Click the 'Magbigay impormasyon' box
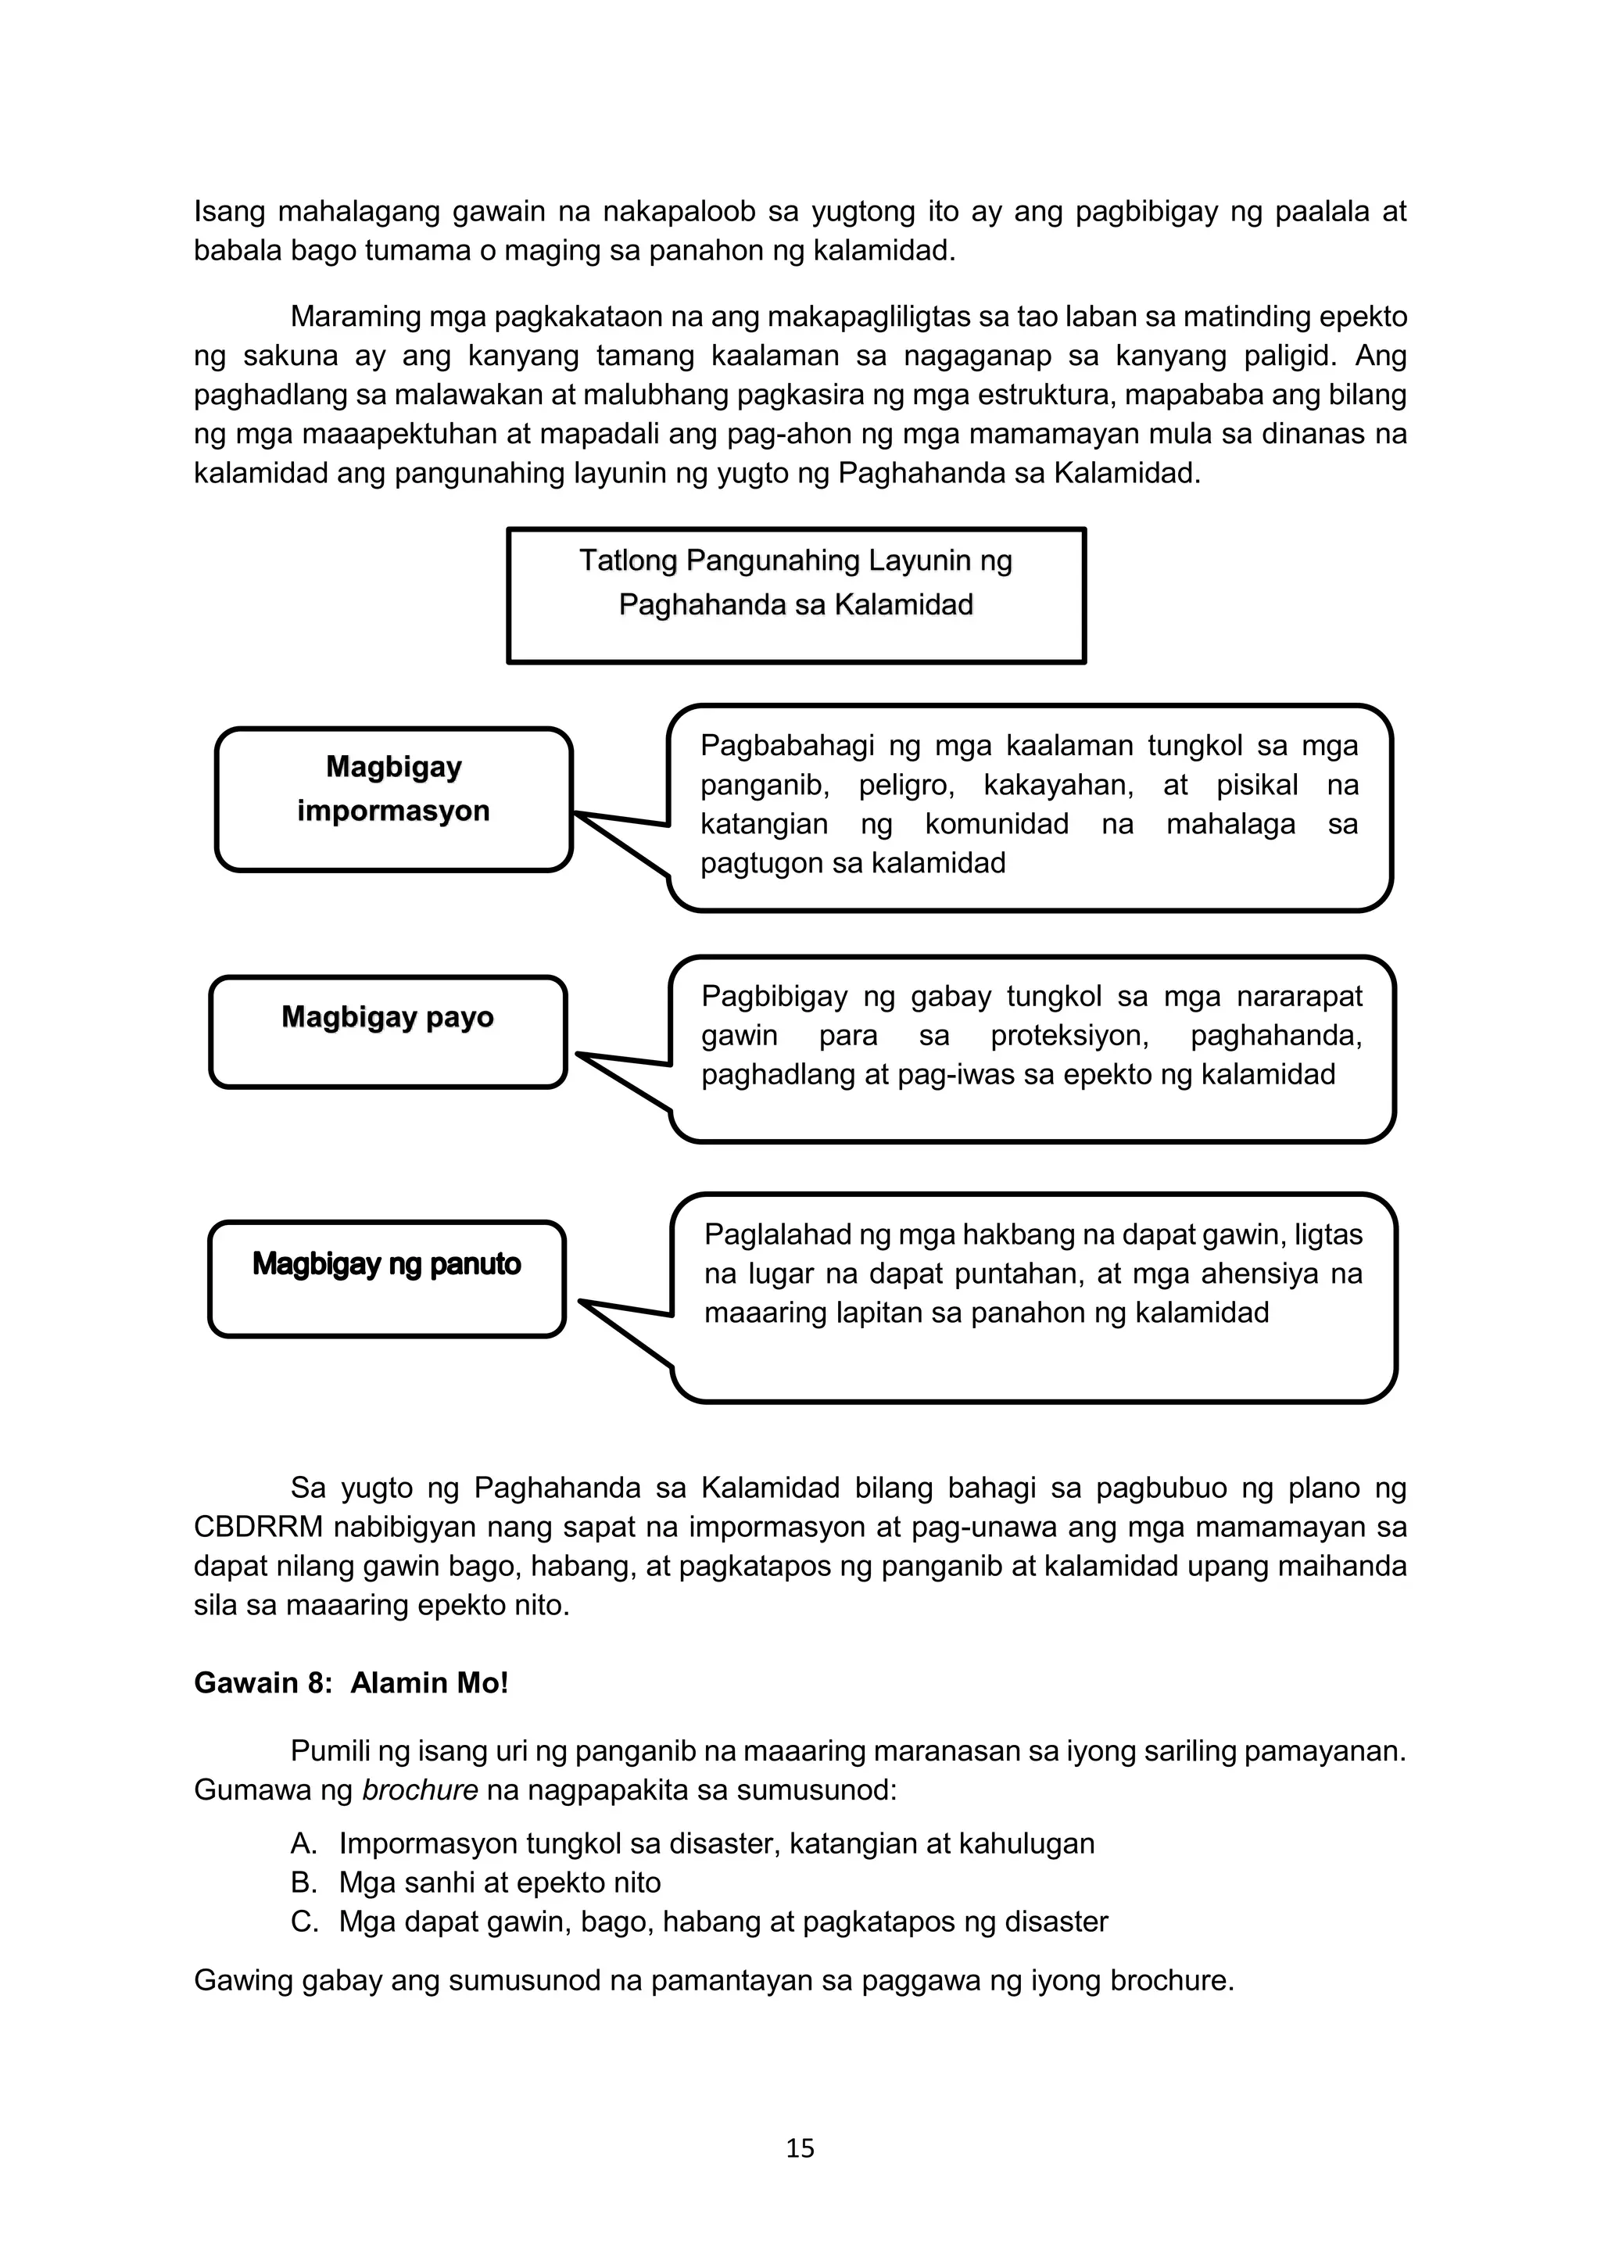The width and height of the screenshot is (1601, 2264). point(393,799)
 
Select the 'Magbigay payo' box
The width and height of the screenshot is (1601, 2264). point(388,1031)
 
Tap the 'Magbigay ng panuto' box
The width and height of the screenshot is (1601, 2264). point(386,1279)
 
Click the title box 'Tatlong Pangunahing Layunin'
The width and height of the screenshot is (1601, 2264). point(796,595)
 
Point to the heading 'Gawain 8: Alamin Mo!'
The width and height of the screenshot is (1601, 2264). point(351,1682)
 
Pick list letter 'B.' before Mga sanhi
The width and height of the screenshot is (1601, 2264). point(303,1882)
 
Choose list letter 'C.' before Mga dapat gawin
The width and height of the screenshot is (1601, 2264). point(303,1921)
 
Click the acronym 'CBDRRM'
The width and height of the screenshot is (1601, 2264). point(258,1528)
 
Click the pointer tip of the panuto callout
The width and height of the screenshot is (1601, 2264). point(582,1302)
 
